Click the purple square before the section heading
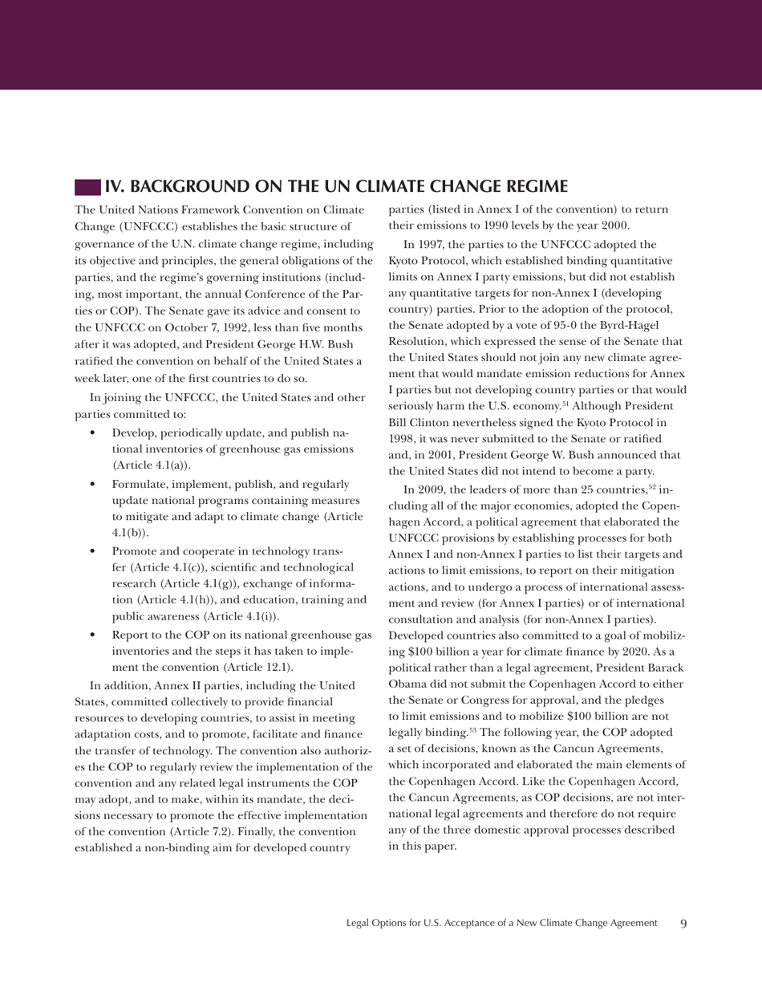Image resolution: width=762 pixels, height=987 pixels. coord(87,188)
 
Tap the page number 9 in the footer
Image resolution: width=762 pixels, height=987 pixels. coord(683,924)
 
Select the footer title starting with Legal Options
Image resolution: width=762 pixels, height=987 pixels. coord(501,924)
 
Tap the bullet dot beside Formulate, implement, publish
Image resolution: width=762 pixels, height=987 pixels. coord(95,485)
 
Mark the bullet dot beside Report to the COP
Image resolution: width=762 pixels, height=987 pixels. coord(95,636)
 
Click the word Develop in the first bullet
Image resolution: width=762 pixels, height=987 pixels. coord(133,433)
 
